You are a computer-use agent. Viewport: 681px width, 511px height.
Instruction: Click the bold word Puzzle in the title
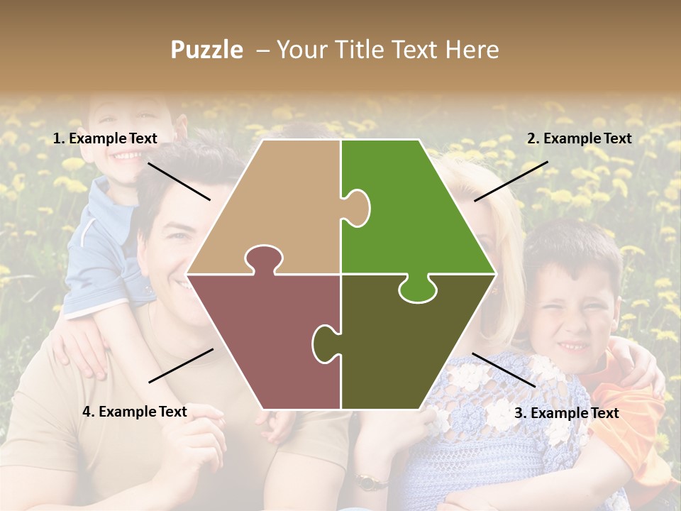[x=206, y=50]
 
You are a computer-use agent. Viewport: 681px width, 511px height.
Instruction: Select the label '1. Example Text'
[x=105, y=138]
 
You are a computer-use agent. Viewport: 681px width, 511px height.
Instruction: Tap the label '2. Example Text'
[x=579, y=138]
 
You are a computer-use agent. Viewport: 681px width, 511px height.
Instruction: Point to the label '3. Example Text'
[x=566, y=412]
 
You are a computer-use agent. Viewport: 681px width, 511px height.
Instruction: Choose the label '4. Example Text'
[x=135, y=411]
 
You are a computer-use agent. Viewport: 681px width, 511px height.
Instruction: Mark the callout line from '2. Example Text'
[x=511, y=181]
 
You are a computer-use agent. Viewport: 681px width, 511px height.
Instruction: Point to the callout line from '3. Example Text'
[x=504, y=370]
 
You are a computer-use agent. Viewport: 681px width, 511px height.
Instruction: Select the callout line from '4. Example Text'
[x=181, y=366]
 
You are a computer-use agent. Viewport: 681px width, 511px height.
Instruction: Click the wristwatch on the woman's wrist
[x=367, y=482]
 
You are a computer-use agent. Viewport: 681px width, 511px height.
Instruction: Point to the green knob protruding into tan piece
[x=357, y=208]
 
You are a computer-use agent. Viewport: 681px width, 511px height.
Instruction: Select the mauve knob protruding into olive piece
[x=324, y=343]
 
